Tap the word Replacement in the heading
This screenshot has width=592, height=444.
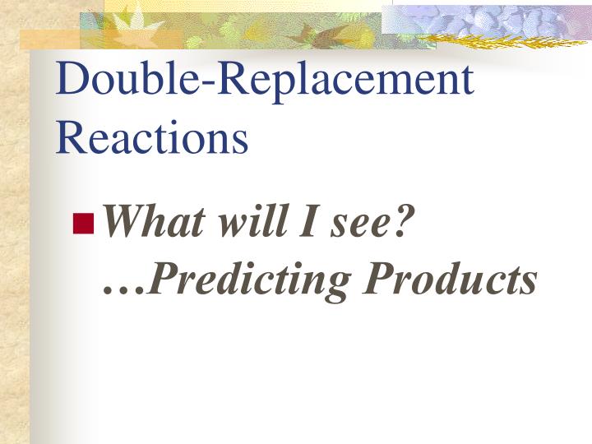(339, 80)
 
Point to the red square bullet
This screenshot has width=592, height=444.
(83, 223)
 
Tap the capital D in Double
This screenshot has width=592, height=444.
(72, 80)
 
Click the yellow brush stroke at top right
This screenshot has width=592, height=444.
(502, 38)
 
